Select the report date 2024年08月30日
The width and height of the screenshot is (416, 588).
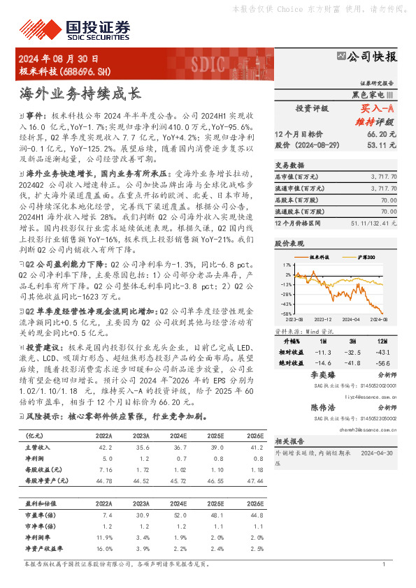(59, 59)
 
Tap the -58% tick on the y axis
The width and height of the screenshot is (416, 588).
(287, 314)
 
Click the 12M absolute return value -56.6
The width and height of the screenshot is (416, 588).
(382, 362)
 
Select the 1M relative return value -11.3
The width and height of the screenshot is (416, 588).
(324, 353)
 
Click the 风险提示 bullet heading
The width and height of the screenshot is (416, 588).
(41, 416)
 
